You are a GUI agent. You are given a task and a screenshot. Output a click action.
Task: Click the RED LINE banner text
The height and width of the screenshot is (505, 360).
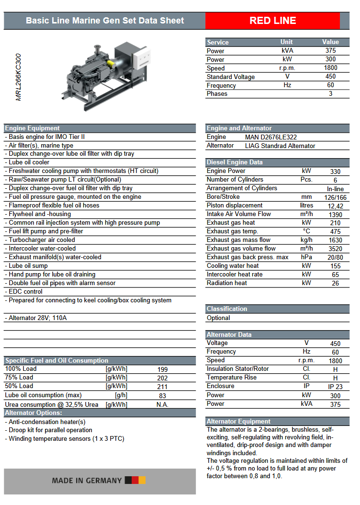(272, 21)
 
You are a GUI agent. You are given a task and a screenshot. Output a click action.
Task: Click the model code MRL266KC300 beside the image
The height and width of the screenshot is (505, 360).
(19, 77)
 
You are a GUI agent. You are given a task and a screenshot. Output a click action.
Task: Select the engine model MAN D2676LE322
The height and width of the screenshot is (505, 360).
(271, 137)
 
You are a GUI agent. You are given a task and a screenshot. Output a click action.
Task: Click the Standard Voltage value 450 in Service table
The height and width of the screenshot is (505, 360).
(330, 77)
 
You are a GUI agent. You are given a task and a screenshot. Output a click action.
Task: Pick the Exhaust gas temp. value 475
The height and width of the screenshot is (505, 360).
(335, 232)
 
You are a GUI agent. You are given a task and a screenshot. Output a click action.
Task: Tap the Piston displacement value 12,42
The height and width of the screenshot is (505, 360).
(335, 206)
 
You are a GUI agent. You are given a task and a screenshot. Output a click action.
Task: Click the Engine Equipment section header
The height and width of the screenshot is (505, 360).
(33, 128)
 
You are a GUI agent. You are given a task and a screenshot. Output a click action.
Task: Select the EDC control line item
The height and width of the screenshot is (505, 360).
(26, 292)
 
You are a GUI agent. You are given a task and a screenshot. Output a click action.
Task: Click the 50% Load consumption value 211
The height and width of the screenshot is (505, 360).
(163, 387)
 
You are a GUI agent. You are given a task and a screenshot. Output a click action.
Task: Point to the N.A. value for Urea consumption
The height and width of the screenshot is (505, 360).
(163, 405)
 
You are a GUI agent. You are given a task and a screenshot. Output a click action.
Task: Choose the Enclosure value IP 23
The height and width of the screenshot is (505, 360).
(335, 387)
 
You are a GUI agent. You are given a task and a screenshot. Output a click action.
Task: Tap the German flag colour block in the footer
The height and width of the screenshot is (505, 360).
(135, 481)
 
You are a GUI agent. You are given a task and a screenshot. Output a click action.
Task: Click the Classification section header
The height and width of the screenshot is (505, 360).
(227, 309)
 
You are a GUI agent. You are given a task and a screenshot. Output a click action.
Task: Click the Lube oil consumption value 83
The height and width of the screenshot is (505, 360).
(163, 396)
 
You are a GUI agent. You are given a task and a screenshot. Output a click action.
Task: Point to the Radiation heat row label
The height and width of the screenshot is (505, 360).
(227, 283)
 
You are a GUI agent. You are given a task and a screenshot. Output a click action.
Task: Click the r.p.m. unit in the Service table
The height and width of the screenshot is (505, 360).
(287, 68)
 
